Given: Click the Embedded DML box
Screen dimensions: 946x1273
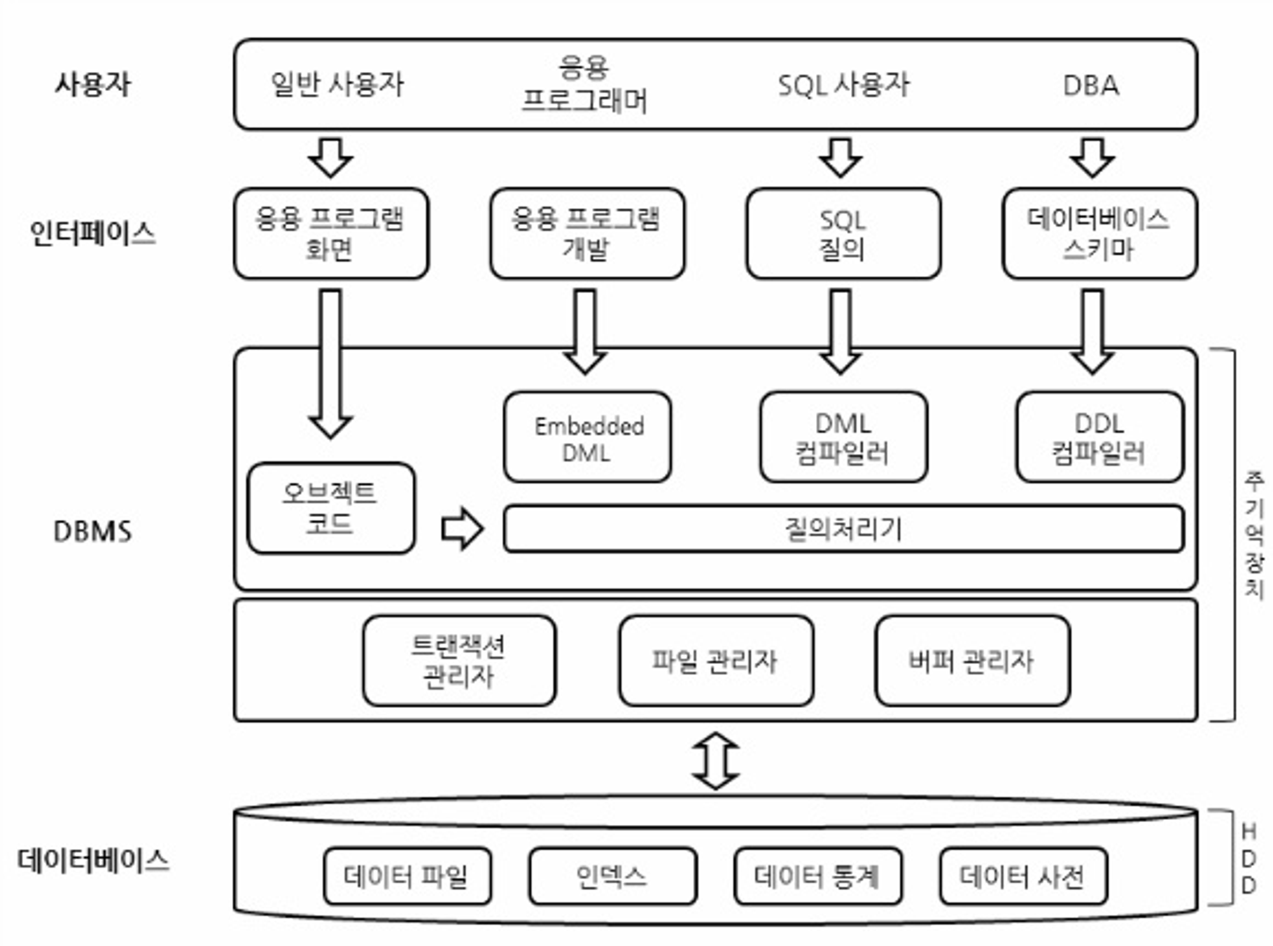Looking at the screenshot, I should [587, 437].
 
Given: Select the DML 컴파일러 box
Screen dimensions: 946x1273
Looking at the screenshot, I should [843, 437].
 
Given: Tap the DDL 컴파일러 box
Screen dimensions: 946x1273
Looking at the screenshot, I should [1099, 437].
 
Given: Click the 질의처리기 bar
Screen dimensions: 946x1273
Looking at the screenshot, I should [843, 528].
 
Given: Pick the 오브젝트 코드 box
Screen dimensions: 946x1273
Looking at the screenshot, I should [330, 508].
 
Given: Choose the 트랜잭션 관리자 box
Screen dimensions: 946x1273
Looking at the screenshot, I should [459, 661].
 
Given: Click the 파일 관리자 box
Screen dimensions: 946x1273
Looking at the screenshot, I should [715, 661].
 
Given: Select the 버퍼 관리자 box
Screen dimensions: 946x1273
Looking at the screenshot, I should [972, 661].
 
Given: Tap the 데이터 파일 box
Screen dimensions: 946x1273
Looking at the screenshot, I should [407, 876].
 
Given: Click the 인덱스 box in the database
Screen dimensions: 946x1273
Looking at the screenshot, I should [612, 876].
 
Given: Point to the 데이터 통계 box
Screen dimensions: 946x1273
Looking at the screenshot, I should [817, 876].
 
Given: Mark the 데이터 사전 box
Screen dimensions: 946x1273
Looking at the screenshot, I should [1023, 876].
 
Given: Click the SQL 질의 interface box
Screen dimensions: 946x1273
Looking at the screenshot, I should [843, 234].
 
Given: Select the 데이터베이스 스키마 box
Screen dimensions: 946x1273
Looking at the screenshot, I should [1099, 234].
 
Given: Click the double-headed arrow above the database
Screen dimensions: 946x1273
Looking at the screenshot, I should [715, 761].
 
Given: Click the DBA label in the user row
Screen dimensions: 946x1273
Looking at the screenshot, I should [1091, 85].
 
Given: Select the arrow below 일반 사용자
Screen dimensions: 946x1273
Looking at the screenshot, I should [330, 157].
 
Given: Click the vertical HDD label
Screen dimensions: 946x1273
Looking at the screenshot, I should [1249, 858].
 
